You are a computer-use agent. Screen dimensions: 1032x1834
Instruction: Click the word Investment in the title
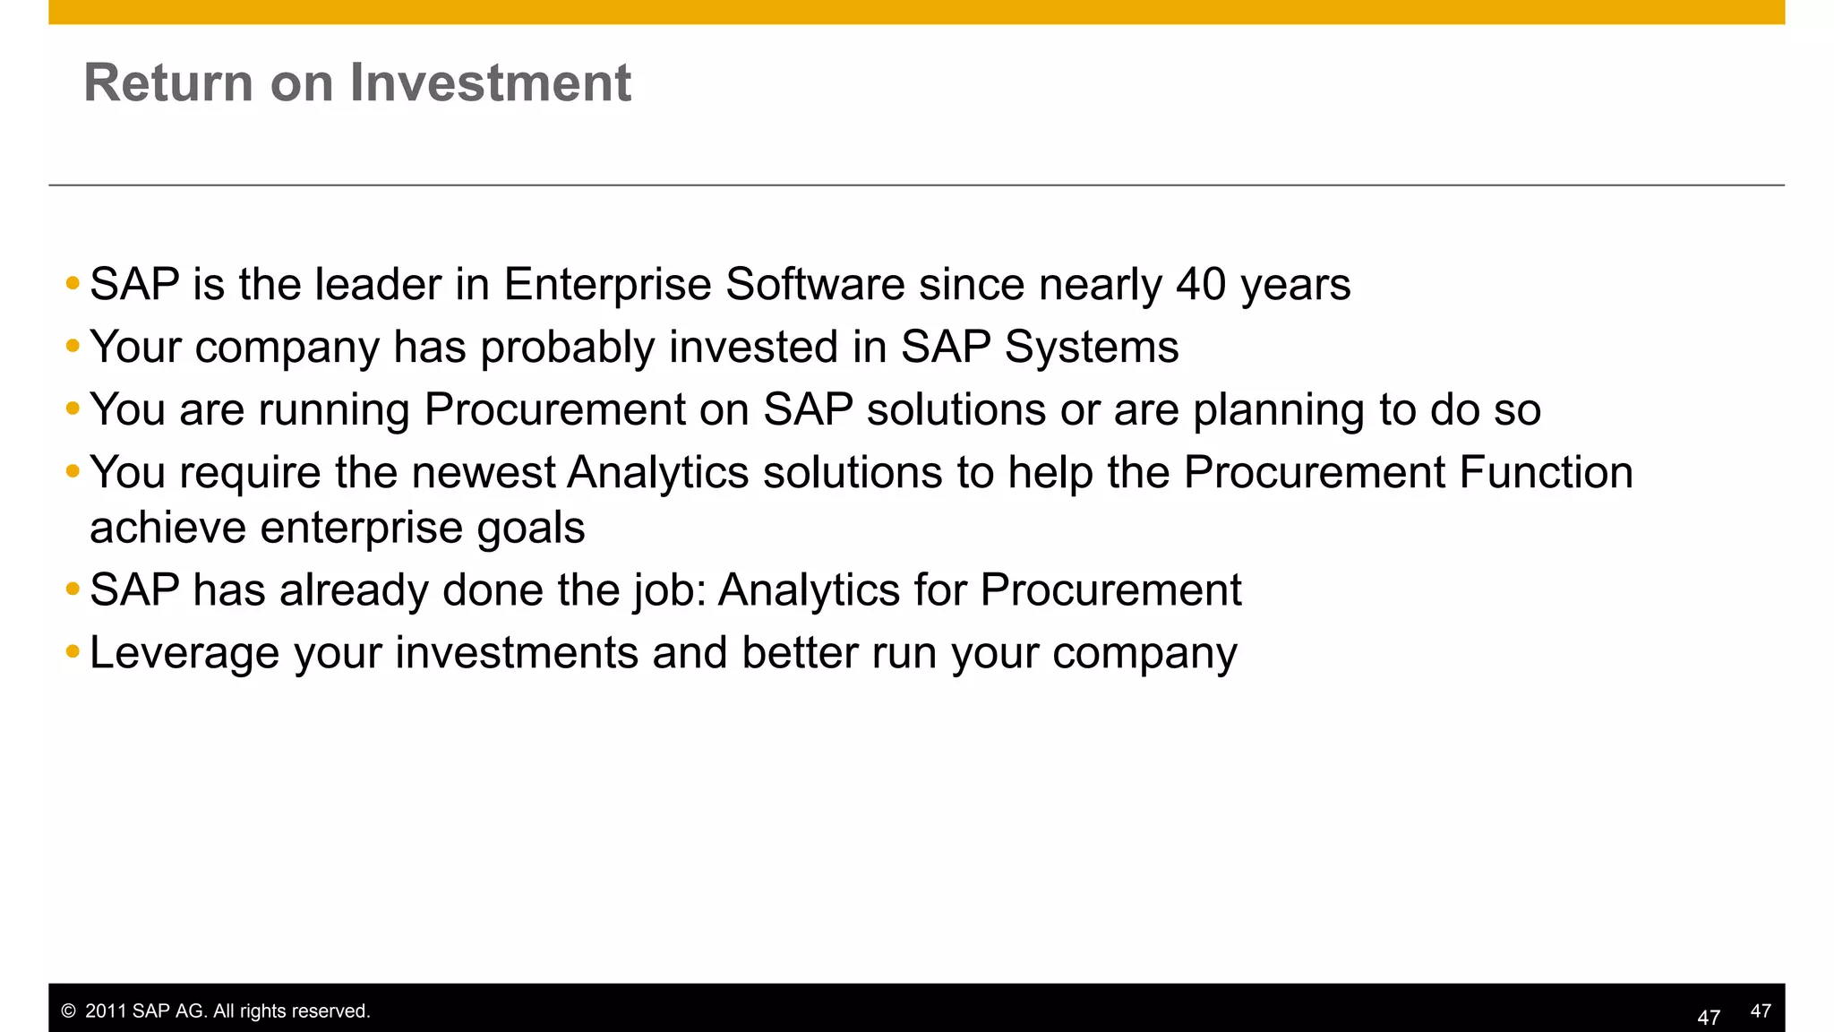click(490, 82)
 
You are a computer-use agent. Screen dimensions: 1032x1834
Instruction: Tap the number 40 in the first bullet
click(1200, 284)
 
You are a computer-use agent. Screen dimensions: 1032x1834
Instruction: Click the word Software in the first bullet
click(815, 284)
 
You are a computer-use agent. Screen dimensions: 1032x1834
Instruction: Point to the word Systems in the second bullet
click(1091, 347)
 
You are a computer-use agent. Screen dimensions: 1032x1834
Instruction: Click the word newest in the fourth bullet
click(484, 472)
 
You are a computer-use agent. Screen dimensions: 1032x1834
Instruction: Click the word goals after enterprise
click(530, 529)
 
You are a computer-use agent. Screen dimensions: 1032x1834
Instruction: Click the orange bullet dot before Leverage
click(73, 651)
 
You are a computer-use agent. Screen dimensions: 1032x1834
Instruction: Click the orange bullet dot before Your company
click(73, 346)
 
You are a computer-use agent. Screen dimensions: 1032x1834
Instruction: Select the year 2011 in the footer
click(106, 1011)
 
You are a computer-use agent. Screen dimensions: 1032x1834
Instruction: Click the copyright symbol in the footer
click(68, 1011)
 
